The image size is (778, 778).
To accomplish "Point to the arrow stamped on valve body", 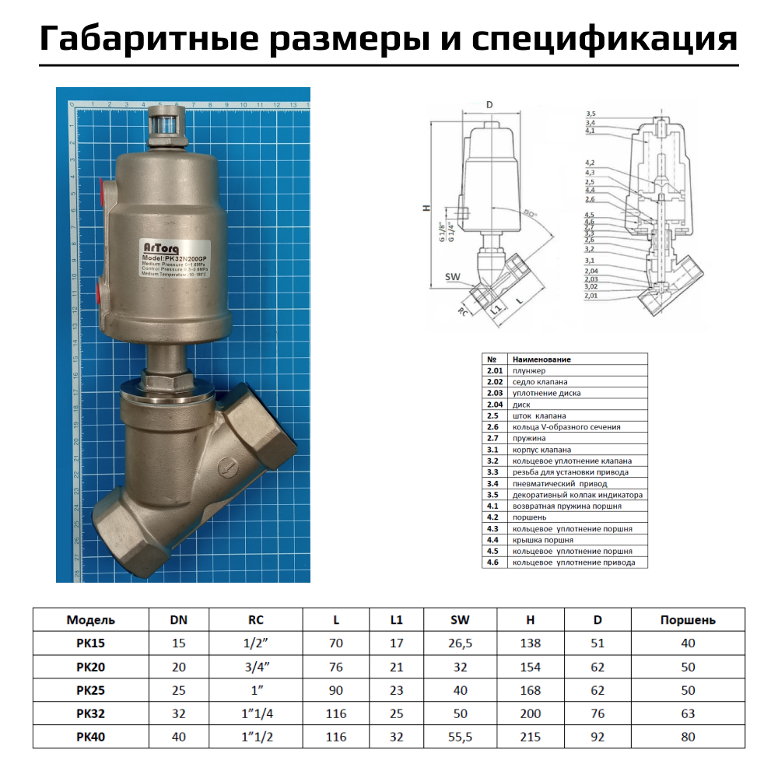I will [226, 468].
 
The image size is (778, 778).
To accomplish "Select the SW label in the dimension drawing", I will [452, 277].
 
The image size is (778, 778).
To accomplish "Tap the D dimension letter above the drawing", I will [489, 104].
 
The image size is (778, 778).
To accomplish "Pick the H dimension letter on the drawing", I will [426, 209].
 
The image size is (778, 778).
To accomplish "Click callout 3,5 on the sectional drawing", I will [591, 114].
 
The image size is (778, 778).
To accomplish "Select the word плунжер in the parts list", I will [530, 370].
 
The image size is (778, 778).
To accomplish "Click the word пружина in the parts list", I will [528, 438].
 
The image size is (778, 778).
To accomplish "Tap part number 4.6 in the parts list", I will [492, 562].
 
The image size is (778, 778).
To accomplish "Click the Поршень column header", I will [687, 620].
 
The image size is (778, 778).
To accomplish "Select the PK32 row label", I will [90, 713].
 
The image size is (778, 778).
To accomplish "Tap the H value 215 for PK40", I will [531, 737].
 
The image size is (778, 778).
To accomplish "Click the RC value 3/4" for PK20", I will [256, 667].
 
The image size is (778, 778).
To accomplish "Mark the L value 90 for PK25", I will [335, 690].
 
